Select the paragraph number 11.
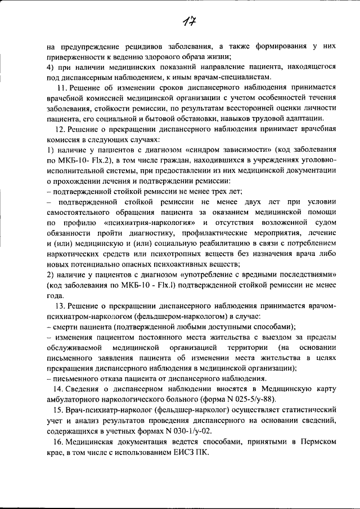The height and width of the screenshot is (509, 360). click(62, 88)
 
